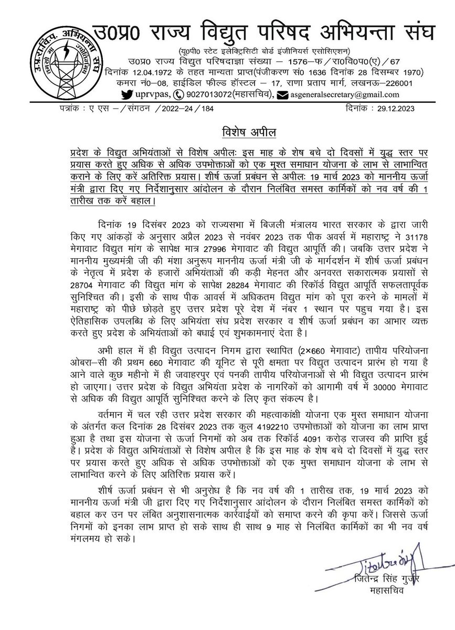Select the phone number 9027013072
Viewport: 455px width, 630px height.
click(x=207, y=94)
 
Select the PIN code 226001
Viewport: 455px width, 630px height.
click(x=399, y=83)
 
